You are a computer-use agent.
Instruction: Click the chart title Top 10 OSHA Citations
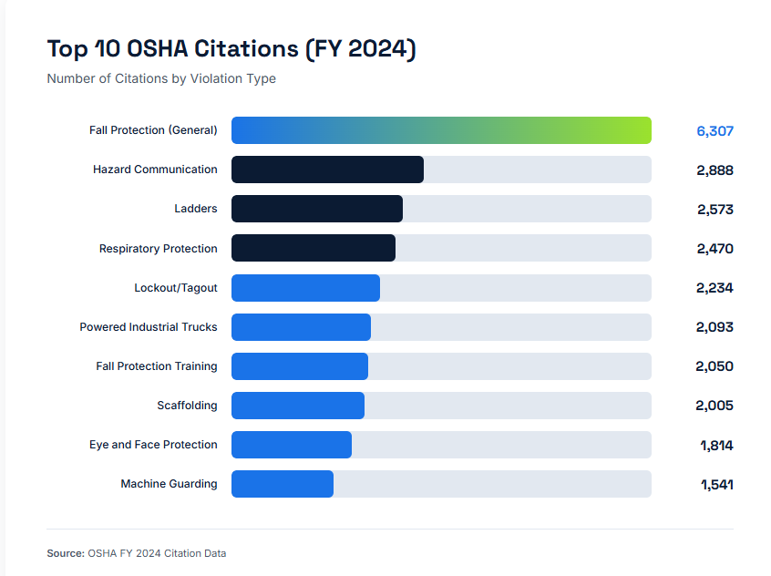[x=231, y=48]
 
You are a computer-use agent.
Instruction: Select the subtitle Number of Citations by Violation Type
[x=161, y=78]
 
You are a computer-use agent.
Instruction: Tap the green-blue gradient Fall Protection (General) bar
[x=441, y=130]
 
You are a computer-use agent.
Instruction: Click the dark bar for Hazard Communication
[x=327, y=170]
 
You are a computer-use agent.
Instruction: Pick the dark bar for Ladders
[x=317, y=209]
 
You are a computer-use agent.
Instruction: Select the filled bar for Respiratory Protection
[x=314, y=248]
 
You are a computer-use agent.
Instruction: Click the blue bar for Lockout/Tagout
[x=305, y=288]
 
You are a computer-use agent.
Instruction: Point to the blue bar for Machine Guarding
[x=283, y=484]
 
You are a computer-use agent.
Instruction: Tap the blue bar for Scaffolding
[x=298, y=406]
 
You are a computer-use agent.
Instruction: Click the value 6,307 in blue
[x=714, y=131]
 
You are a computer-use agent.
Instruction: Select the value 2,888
[x=714, y=170]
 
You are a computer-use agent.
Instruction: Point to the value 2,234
[x=714, y=288]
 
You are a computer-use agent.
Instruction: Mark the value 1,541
[x=716, y=485]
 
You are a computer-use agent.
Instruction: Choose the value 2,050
[x=714, y=366]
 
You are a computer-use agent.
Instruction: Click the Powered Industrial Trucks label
[x=149, y=327]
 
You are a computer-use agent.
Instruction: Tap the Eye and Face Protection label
[x=153, y=445]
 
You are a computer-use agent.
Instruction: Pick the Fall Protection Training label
[x=157, y=366]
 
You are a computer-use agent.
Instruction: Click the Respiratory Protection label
[x=159, y=249]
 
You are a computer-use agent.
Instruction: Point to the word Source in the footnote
[x=65, y=553]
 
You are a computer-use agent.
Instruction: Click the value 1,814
[x=716, y=446]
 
